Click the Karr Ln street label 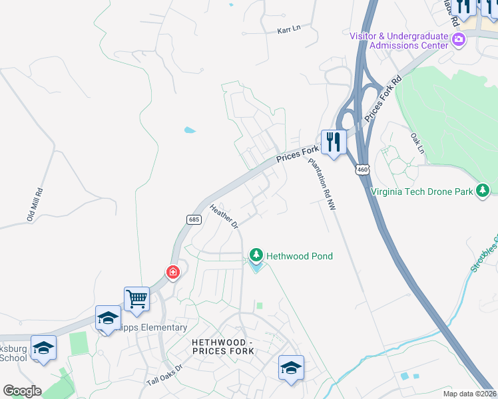click(x=289, y=30)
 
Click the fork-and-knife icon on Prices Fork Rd click(x=333, y=141)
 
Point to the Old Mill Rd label click(x=35, y=205)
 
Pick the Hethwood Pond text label click(x=300, y=255)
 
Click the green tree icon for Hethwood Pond click(x=256, y=255)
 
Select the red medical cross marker click(x=172, y=271)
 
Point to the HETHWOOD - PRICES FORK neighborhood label click(x=222, y=346)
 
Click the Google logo click(x=22, y=391)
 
